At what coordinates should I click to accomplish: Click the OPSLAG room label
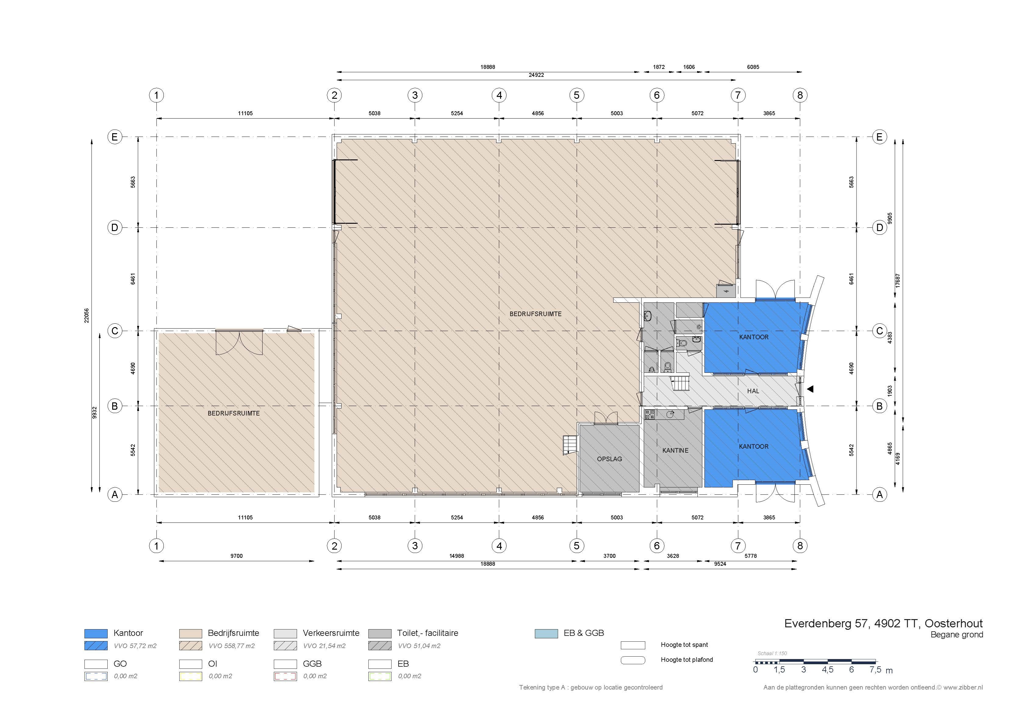pyautogui.click(x=609, y=459)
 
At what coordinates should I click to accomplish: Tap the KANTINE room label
pyautogui.click(x=675, y=450)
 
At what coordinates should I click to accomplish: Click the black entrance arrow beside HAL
pyautogui.click(x=810, y=389)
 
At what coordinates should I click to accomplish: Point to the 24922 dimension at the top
pyautogui.click(x=536, y=75)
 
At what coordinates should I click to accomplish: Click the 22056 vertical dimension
pyautogui.click(x=87, y=316)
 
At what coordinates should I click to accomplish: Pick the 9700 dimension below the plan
pyautogui.click(x=236, y=556)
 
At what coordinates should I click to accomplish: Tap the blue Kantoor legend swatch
pyautogui.click(x=96, y=633)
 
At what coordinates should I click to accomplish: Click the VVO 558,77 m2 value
pyautogui.click(x=232, y=646)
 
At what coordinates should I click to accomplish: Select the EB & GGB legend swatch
pyautogui.click(x=546, y=633)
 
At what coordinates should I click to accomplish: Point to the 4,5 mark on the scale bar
pyautogui.click(x=828, y=670)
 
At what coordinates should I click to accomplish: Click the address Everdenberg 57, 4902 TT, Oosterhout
pyautogui.click(x=883, y=623)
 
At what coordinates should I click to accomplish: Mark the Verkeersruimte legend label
pyautogui.click(x=331, y=633)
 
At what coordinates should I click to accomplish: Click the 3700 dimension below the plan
pyautogui.click(x=609, y=556)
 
